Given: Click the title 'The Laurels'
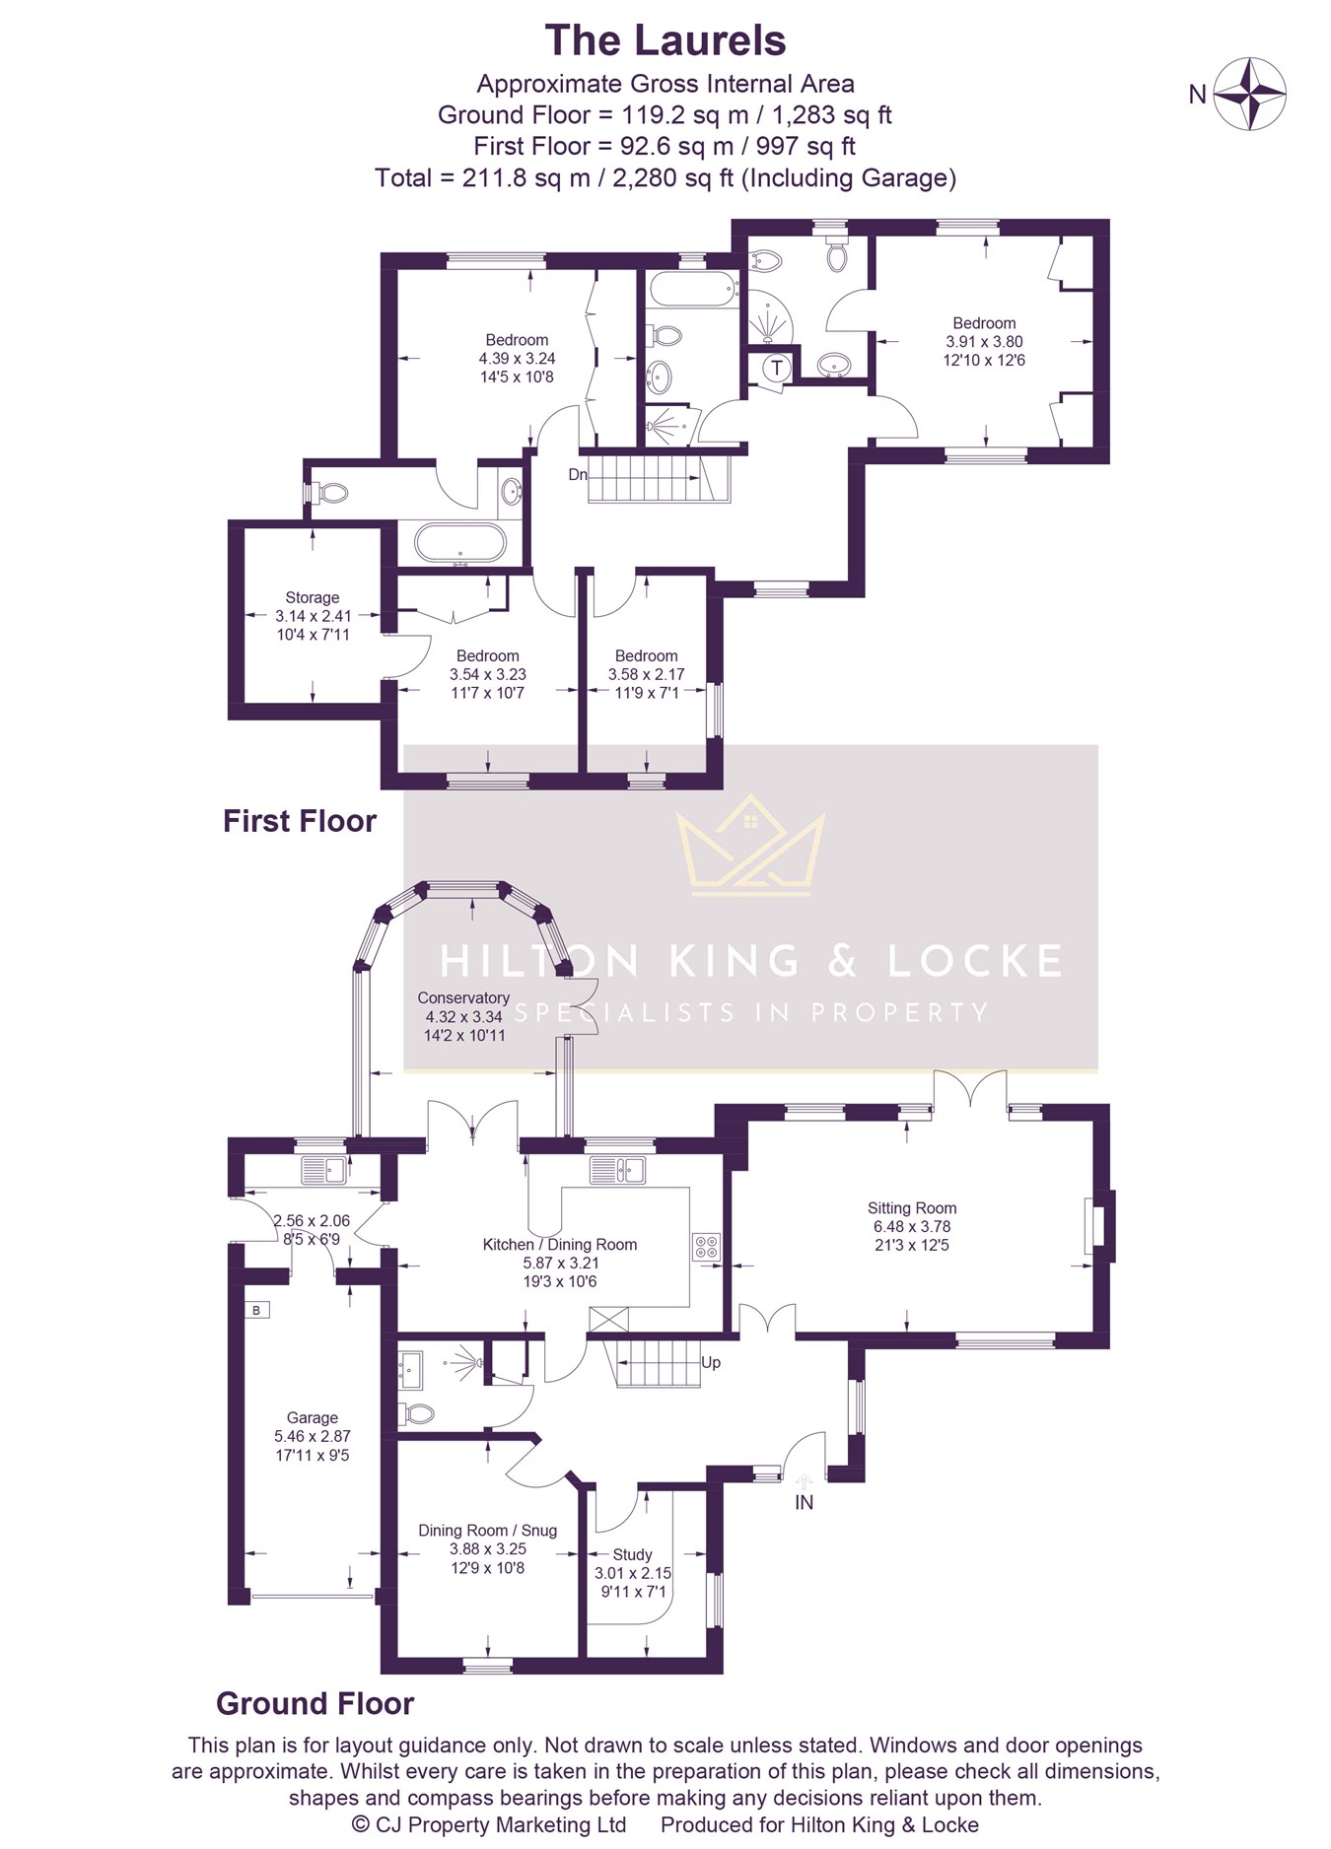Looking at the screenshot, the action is click(x=665, y=40).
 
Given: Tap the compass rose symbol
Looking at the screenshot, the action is click(x=1249, y=94).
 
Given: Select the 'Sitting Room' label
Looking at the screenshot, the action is click(x=912, y=1207).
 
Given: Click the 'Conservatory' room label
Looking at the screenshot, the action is click(x=463, y=997).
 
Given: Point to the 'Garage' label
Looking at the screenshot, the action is click(x=313, y=1417).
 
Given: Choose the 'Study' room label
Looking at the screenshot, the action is click(x=632, y=1554).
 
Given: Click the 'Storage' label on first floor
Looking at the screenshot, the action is click(x=313, y=597).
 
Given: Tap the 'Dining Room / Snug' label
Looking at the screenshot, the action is click(x=488, y=1530).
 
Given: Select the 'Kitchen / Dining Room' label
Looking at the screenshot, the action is click(x=560, y=1244).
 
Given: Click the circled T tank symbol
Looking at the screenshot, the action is click(x=777, y=369).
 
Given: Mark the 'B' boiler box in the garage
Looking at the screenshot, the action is click(x=256, y=1310).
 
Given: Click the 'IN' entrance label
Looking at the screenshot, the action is click(x=805, y=1502).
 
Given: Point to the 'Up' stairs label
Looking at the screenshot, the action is click(x=711, y=1362).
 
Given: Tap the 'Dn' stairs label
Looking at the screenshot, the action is click(x=578, y=474).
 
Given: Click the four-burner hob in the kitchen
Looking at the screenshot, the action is click(x=707, y=1247).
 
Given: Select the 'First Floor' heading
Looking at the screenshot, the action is click(x=300, y=821).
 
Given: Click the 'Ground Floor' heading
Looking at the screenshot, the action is click(x=315, y=1703).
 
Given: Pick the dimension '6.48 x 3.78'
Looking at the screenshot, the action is click(x=912, y=1226).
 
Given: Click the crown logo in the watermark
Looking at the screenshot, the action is click(x=750, y=845).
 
